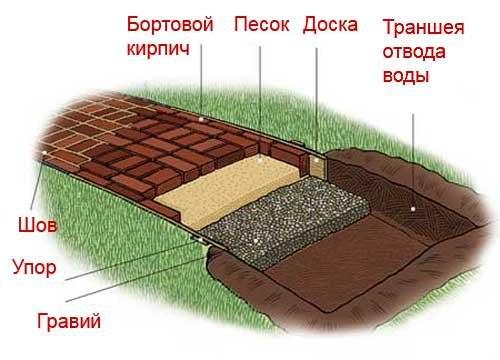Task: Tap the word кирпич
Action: pyautogui.click(x=158, y=47)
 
